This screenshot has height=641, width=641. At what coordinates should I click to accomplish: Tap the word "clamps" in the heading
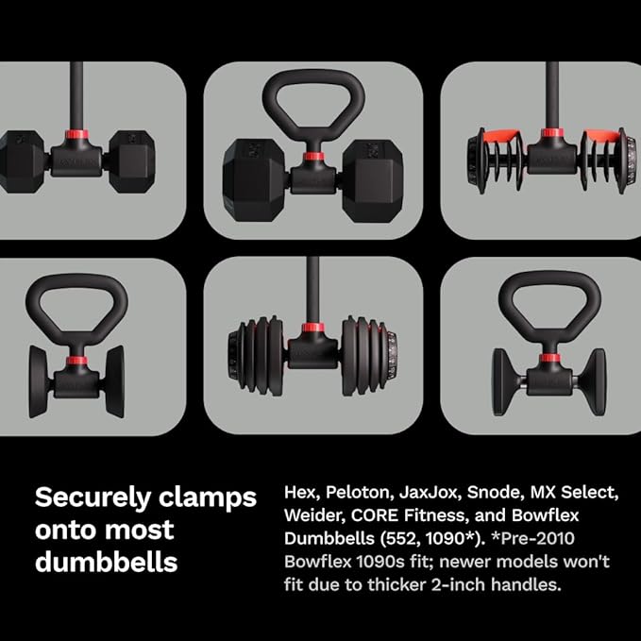[208, 498]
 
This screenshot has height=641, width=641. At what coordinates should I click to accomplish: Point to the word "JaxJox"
[430, 493]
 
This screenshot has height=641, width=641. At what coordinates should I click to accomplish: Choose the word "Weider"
[314, 515]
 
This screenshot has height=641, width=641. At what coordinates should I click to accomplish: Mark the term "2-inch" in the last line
[458, 584]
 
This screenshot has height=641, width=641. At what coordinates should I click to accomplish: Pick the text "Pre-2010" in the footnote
[537, 538]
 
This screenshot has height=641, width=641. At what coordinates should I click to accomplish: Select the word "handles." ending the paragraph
[526, 584]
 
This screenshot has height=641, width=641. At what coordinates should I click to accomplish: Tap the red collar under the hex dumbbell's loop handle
[313, 156]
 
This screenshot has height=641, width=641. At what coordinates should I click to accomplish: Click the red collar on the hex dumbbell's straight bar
[76, 134]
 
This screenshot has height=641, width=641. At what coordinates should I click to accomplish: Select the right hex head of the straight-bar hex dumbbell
[131, 161]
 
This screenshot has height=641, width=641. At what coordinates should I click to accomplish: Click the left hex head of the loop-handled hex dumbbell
[255, 180]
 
